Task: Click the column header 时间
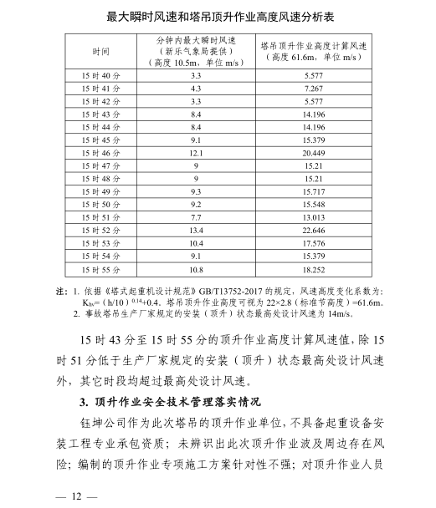point(100,52)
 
